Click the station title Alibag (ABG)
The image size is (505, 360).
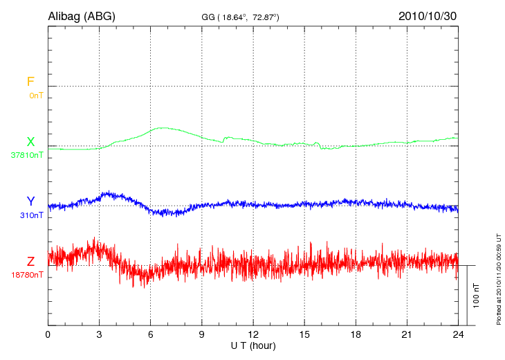[x=82, y=16]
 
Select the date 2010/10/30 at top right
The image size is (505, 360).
[x=428, y=16]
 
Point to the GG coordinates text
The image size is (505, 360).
[x=240, y=17]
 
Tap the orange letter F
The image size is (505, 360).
[x=30, y=82]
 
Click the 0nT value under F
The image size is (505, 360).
[x=35, y=95]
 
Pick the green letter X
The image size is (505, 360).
[x=30, y=142]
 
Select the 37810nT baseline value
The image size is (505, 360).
[x=27, y=155]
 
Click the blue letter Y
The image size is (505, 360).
[x=30, y=201]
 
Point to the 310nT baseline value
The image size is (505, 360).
[x=32, y=215]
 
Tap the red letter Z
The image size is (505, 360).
[x=30, y=262]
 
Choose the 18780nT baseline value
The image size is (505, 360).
[x=27, y=275]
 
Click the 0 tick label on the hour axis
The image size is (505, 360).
[x=48, y=334]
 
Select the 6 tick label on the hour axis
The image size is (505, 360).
[x=151, y=334]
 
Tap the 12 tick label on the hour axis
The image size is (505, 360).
[x=253, y=334]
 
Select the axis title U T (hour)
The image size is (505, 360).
[x=253, y=345]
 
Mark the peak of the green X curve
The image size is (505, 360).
[x=162, y=127]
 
